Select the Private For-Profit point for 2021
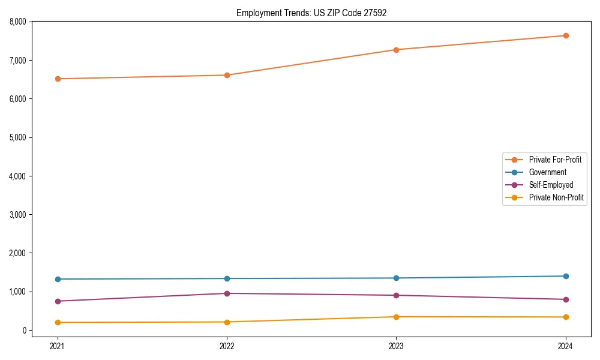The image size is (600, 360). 58,79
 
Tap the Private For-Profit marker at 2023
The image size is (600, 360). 396,50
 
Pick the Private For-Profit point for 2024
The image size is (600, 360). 566,35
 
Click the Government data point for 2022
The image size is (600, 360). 227,278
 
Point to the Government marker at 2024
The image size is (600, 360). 566,276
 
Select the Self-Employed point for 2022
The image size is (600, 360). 227,293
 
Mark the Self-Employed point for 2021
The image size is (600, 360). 58,301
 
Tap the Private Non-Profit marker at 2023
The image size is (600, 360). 396,317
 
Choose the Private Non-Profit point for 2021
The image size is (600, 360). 58,322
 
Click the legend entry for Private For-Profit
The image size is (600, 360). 554,160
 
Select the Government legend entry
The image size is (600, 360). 547,172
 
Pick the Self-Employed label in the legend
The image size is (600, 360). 551,185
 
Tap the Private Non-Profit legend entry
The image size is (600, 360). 556,197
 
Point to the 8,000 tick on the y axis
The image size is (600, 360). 18,22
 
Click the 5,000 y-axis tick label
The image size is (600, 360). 18,137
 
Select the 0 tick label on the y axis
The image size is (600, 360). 25,331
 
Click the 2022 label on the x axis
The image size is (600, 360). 227,346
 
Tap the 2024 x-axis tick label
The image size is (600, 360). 566,346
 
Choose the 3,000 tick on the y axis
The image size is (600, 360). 18,215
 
